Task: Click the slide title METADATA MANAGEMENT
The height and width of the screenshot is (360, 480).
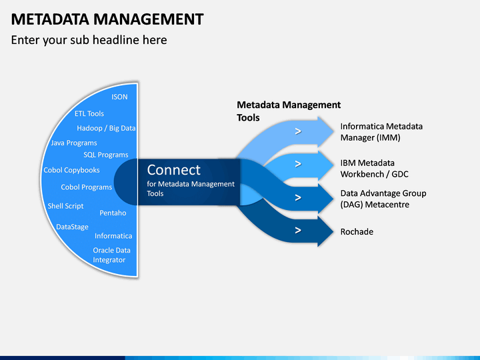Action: tap(107, 19)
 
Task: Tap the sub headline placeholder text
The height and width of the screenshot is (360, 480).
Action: tap(89, 40)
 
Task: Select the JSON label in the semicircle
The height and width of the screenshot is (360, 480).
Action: tap(119, 97)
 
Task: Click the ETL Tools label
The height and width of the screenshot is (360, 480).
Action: tap(89, 113)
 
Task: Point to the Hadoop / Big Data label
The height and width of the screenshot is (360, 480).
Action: tap(106, 128)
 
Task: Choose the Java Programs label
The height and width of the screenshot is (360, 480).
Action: tap(74, 143)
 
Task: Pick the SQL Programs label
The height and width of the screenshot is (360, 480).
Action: tap(106, 155)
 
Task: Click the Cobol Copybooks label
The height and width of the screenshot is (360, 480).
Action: tap(71, 170)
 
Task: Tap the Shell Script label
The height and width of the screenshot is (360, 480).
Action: tap(65, 206)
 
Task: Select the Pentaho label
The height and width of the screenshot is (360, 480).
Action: tap(113, 213)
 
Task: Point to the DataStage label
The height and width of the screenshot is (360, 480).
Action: tap(72, 227)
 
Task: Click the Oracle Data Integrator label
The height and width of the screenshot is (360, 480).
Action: tap(112, 255)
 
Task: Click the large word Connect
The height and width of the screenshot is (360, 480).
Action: tap(173, 170)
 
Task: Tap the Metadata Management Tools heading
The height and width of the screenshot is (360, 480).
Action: tap(289, 111)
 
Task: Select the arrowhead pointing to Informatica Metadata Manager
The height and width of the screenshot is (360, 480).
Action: tap(325, 131)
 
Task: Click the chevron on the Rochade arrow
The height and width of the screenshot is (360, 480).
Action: tap(298, 230)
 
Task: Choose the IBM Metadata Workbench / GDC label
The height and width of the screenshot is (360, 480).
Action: tap(375, 169)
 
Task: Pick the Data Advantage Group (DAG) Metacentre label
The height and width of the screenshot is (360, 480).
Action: tap(383, 199)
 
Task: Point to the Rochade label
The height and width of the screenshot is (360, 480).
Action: tap(357, 232)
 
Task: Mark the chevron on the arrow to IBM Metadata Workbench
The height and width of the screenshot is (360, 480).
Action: tap(298, 164)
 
